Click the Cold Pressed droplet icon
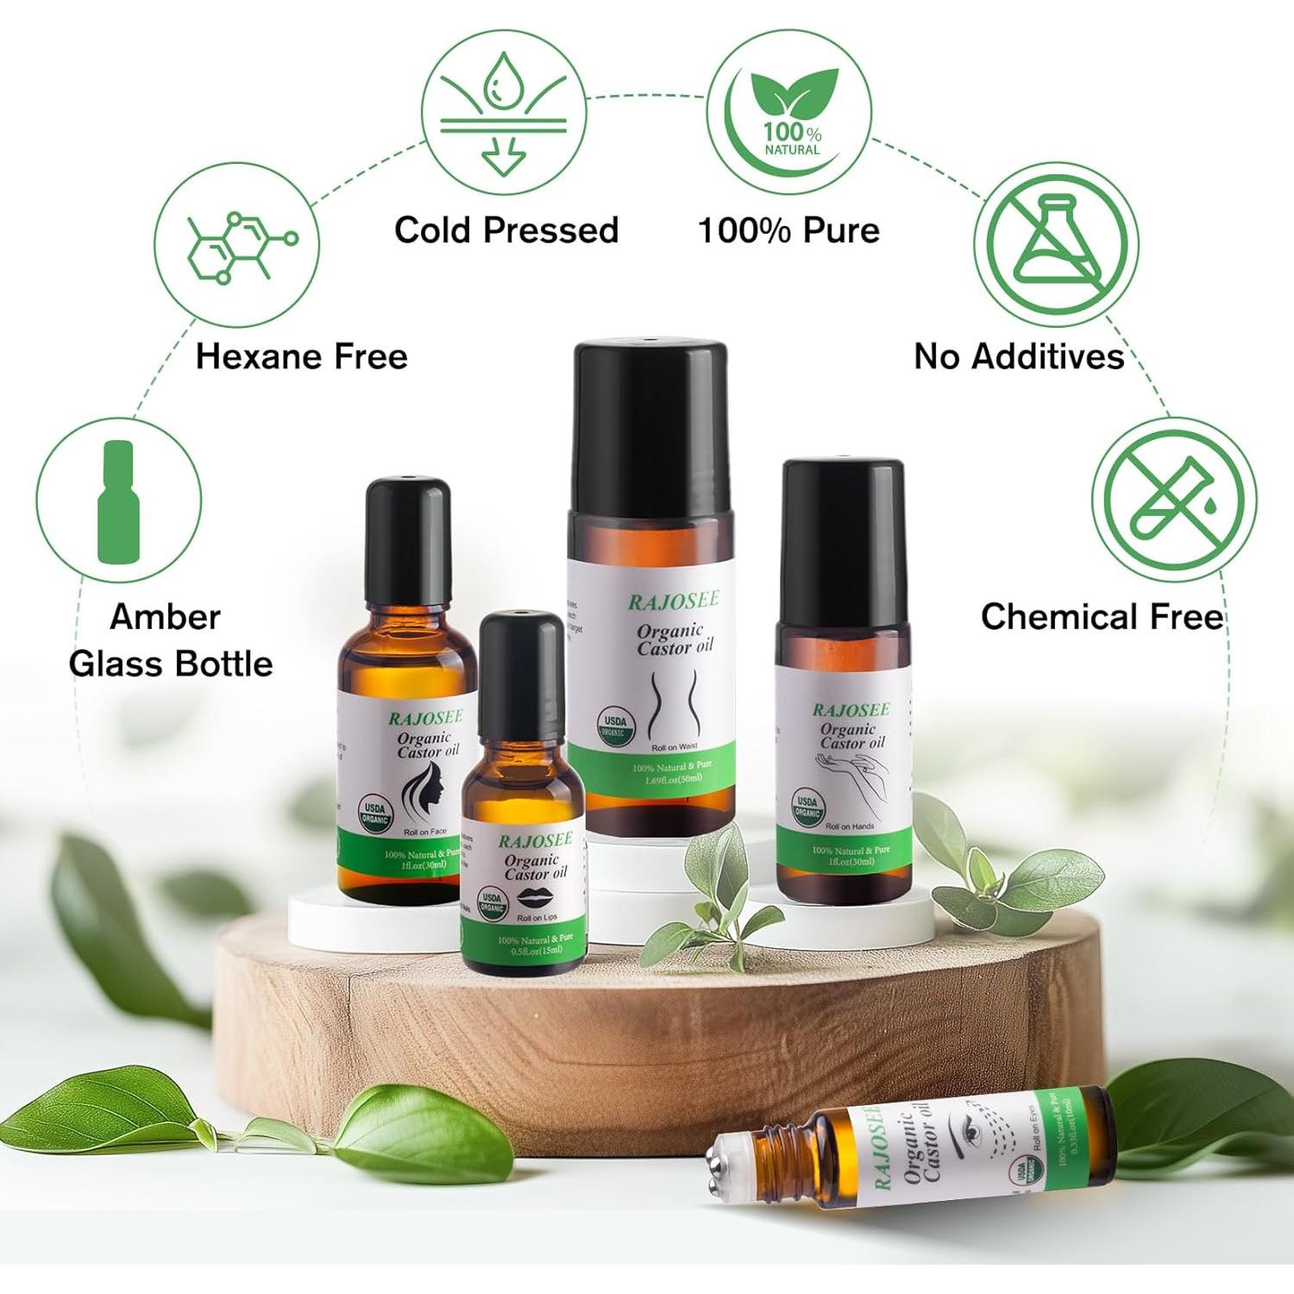503,112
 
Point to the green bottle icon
118,501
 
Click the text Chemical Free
1102,617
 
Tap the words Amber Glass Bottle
170,640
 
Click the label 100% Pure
788,230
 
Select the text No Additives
1019,356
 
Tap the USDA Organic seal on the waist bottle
615,726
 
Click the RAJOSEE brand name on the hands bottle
851,710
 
